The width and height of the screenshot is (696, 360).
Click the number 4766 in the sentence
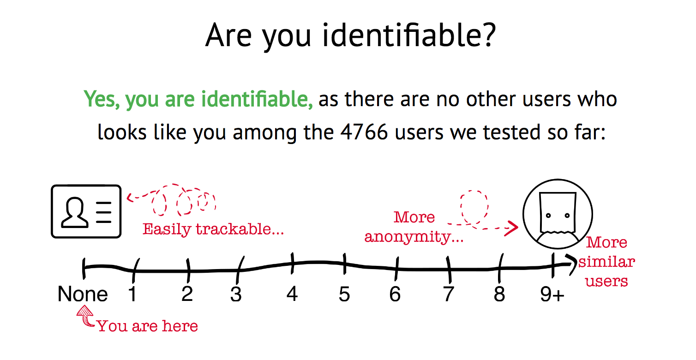tap(364, 132)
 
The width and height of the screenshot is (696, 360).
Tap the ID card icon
tap(86, 211)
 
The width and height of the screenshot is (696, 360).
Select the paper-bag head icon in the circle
tap(558, 214)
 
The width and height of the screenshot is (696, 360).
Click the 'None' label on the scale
tap(83, 294)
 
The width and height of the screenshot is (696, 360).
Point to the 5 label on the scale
tap(344, 294)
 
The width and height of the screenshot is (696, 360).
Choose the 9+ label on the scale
tap(552, 294)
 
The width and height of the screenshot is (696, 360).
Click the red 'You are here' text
tap(147, 326)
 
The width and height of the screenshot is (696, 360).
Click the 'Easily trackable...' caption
tap(213, 229)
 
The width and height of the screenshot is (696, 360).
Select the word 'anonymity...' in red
tap(414, 237)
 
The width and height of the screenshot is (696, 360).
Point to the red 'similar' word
tap(606, 262)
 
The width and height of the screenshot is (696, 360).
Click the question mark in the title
tap(488, 35)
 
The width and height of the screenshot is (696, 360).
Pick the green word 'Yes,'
tap(102, 99)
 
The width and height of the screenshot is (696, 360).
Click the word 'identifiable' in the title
tap(401, 35)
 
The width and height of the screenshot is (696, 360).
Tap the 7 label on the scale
tap(448, 294)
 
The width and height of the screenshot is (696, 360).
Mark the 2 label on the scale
tap(187, 294)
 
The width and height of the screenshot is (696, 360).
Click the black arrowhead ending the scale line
tap(571, 264)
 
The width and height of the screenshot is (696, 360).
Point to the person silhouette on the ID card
tap(75, 212)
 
